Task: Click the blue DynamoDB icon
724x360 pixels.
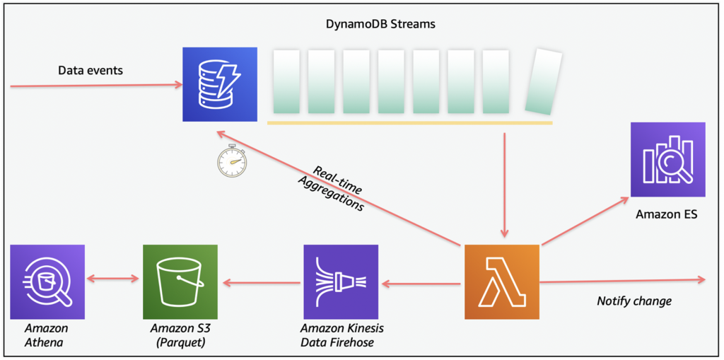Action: point(218,84)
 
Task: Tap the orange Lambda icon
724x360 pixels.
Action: point(501,281)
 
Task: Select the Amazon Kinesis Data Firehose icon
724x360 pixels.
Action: point(340,281)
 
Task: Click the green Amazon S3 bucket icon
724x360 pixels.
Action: point(180,281)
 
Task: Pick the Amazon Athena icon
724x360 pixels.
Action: point(47,281)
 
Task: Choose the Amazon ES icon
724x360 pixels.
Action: point(667,159)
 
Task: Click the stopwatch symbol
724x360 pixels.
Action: point(231,161)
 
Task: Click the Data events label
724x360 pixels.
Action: point(90,70)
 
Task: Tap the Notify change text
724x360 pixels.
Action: point(634,301)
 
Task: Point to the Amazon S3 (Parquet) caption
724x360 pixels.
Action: point(179,335)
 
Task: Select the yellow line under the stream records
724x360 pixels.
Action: point(409,123)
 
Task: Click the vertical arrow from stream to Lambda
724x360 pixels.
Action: point(504,184)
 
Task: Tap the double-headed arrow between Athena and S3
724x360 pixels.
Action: point(113,279)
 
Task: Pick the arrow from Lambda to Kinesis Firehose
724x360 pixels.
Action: point(421,284)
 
